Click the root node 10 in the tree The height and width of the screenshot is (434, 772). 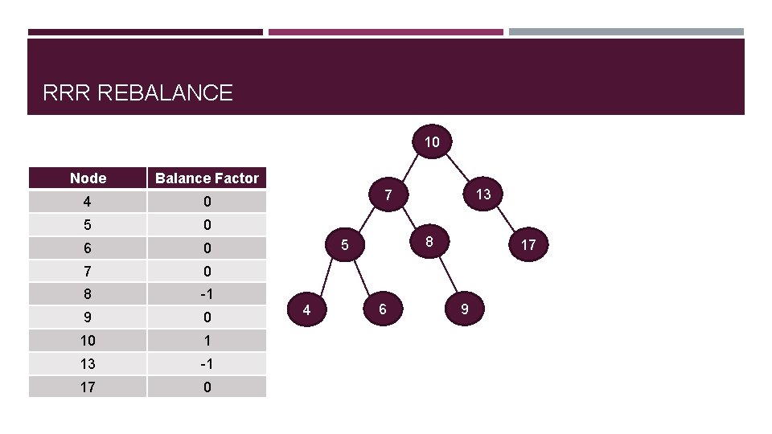pyautogui.click(x=432, y=142)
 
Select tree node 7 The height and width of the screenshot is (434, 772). pyautogui.click(x=388, y=195)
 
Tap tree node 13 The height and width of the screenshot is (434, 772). pyautogui.click(x=482, y=194)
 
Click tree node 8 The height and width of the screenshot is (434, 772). pyautogui.click(x=430, y=241)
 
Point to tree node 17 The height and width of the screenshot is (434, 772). pyautogui.click(x=528, y=244)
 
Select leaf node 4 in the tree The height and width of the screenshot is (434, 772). pyautogui.click(x=306, y=309)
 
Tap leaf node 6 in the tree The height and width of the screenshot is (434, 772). pyautogui.click(x=382, y=309)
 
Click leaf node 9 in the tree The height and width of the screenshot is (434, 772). pyautogui.click(x=464, y=309)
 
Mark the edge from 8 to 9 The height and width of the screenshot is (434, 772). pyautogui.click(x=447, y=275)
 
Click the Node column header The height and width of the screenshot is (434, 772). pyautogui.click(x=88, y=178)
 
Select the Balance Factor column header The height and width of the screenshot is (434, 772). pyautogui.click(x=207, y=178)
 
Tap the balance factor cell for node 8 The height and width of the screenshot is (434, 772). pyautogui.click(x=207, y=293)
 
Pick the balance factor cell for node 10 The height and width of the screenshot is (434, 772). pyautogui.click(x=207, y=340)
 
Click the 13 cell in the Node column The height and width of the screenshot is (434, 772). pyautogui.click(x=88, y=363)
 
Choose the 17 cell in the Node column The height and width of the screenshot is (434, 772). pyautogui.click(x=88, y=387)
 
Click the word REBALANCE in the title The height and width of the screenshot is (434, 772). pyautogui.click(x=164, y=93)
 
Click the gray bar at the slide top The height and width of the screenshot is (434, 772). pyautogui.click(x=626, y=32)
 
